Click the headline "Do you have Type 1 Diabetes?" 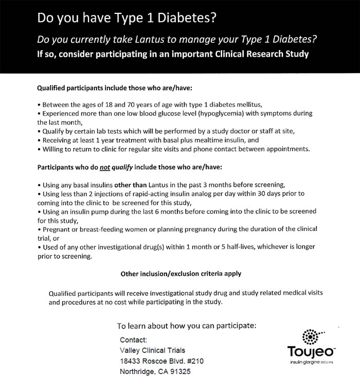click(127, 19)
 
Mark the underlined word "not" click(107, 168)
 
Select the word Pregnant click(58, 229)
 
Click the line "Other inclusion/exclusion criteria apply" click(181, 274)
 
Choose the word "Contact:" click(133, 340)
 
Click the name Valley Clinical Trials click(152, 350)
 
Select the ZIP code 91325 click(180, 371)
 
